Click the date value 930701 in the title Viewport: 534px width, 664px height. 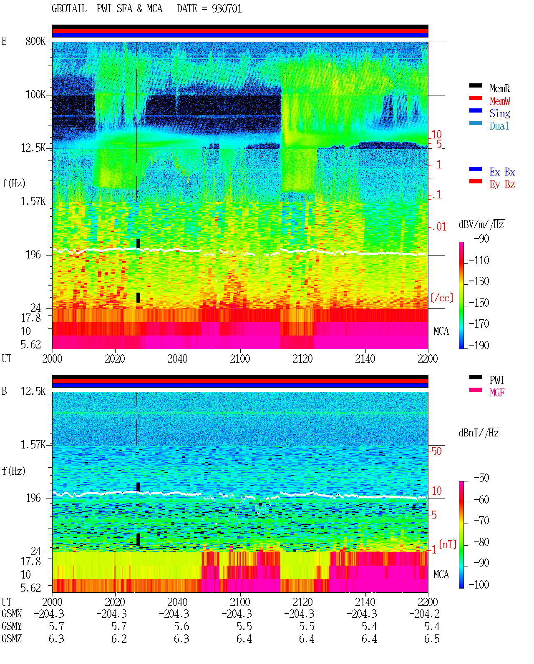pyautogui.click(x=227, y=9)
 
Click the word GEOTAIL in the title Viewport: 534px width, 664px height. pyautogui.click(x=69, y=9)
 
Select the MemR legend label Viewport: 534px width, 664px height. pyautogui.click(x=500, y=88)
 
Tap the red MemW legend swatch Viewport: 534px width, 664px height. pyautogui.click(x=475, y=98)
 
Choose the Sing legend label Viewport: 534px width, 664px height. pyautogui.click(x=500, y=113)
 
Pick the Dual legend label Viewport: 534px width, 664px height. pyautogui.click(x=499, y=126)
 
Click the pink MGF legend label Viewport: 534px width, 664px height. pyautogui.click(x=497, y=393)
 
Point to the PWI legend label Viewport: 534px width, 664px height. pyautogui.click(x=496, y=380)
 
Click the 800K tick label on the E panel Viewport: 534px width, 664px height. pyautogui.click(x=35, y=41)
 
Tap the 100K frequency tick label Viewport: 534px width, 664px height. pyautogui.click(x=35, y=95)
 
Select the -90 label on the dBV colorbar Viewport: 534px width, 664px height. pyautogui.click(x=481, y=239)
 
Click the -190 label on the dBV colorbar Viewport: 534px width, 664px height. pyautogui.click(x=479, y=345)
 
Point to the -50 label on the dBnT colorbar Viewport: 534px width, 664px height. pyautogui.click(x=481, y=478)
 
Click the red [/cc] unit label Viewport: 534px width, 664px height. pyautogui.click(x=442, y=298)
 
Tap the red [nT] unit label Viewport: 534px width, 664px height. pyautogui.click(x=448, y=545)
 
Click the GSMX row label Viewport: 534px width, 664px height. pyautogui.click(x=12, y=614)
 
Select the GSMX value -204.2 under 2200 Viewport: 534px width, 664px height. pyautogui.click(x=424, y=614)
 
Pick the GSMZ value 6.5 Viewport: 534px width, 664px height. pyautogui.click(x=432, y=639)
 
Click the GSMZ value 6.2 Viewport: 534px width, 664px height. pyautogui.click(x=119, y=639)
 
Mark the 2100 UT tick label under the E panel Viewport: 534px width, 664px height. pyautogui.click(x=240, y=359)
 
